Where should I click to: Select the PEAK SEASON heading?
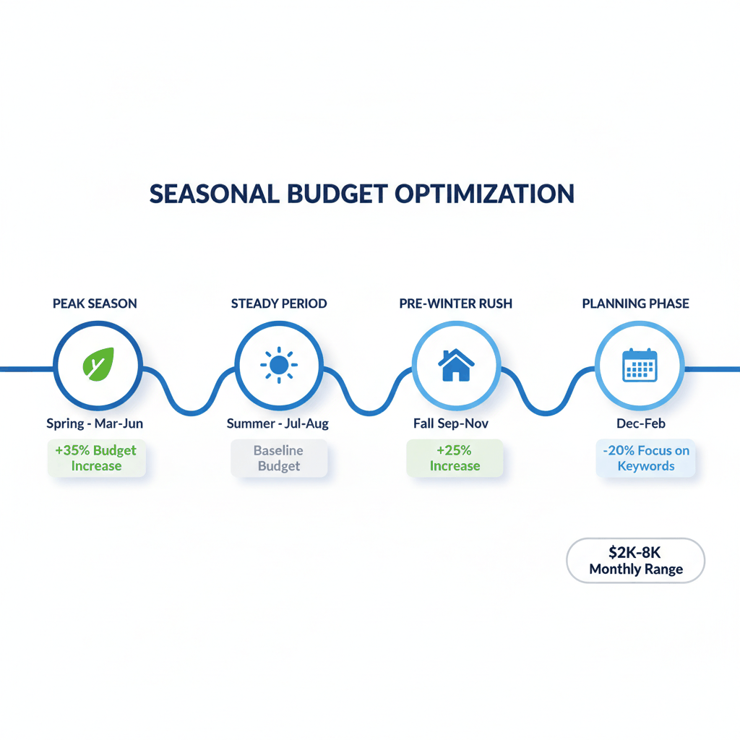(x=95, y=304)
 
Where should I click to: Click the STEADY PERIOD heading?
(x=279, y=304)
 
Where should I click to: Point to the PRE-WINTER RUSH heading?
(x=455, y=304)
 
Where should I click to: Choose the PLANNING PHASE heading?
(x=636, y=304)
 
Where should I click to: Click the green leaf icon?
(x=98, y=365)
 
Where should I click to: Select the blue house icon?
(x=456, y=366)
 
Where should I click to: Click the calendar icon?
(x=639, y=366)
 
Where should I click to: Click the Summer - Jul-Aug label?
(x=277, y=423)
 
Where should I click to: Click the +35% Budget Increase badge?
(x=96, y=458)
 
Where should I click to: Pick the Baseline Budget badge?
(x=279, y=458)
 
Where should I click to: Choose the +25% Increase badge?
(x=455, y=458)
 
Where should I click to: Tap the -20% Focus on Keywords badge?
(x=646, y=458)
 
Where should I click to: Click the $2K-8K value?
(x=636, y=553)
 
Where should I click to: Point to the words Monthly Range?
(x=636, y=569)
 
